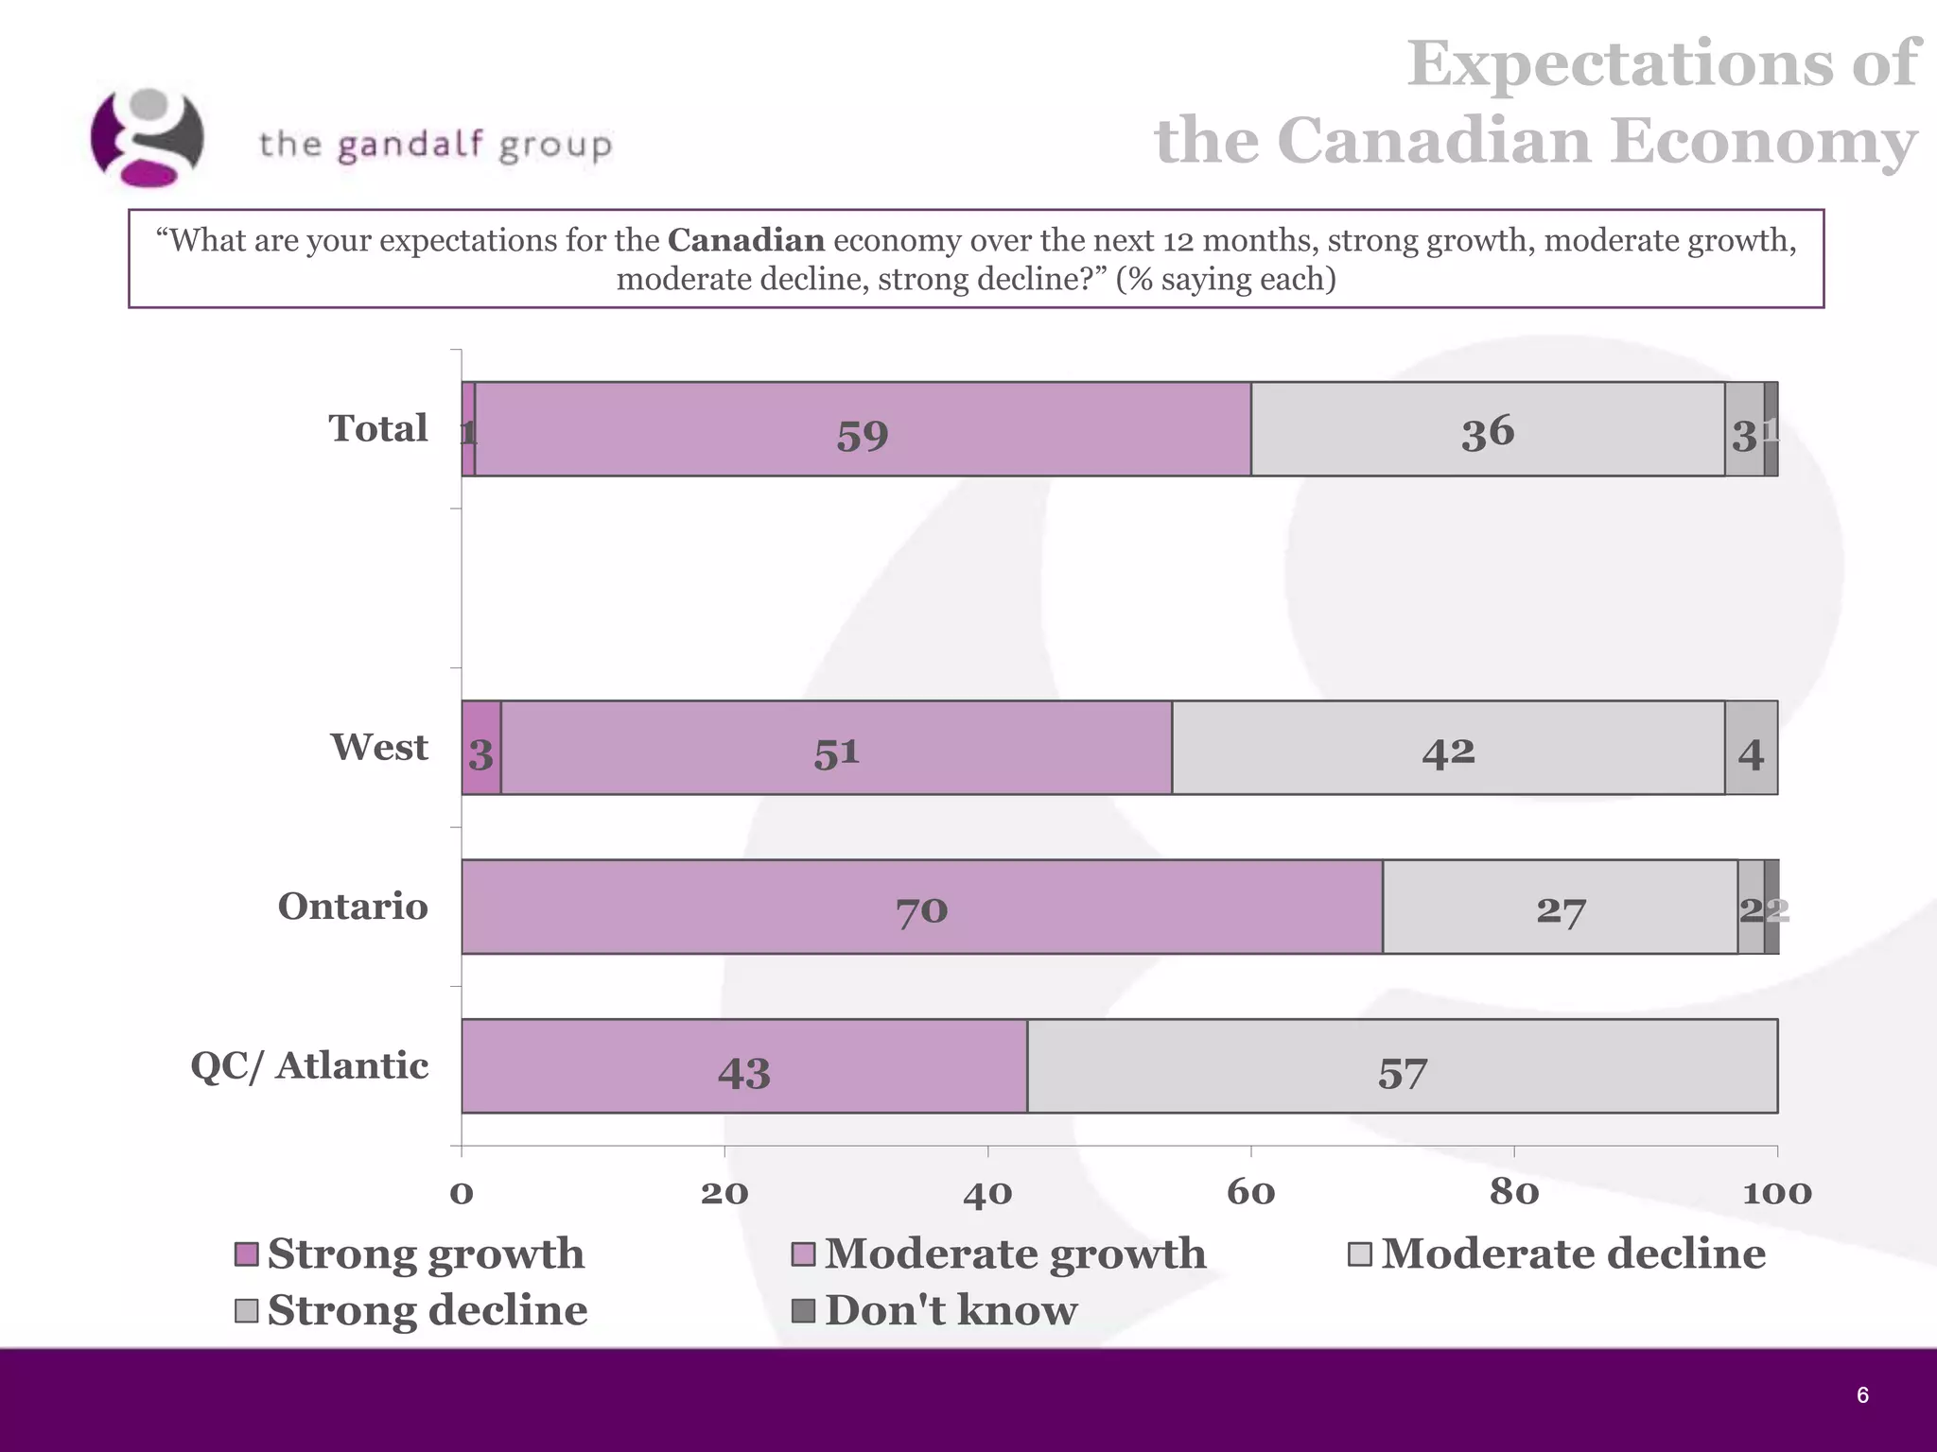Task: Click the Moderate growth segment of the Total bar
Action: click(862, 429)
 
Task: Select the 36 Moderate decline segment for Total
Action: click(1487, 429)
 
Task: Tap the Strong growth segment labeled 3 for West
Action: click(480, 748)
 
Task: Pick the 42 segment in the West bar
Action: click(1447, 748)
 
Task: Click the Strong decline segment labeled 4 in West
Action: click(1751, 748)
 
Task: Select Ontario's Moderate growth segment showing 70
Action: click(921, 907)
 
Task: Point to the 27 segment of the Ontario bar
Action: click(1560, 907)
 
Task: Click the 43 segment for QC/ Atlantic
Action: click(743, 1066)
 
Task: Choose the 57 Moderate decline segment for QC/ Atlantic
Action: click(1402, 1066)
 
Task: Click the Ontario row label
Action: click(353, 907)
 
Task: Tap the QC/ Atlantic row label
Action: click(309, 1066)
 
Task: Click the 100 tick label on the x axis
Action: click(1776, 1193)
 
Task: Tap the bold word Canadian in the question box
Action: click(745, 240)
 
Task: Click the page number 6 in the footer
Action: click(1862, 1395)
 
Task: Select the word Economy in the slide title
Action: click(1763, 141)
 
